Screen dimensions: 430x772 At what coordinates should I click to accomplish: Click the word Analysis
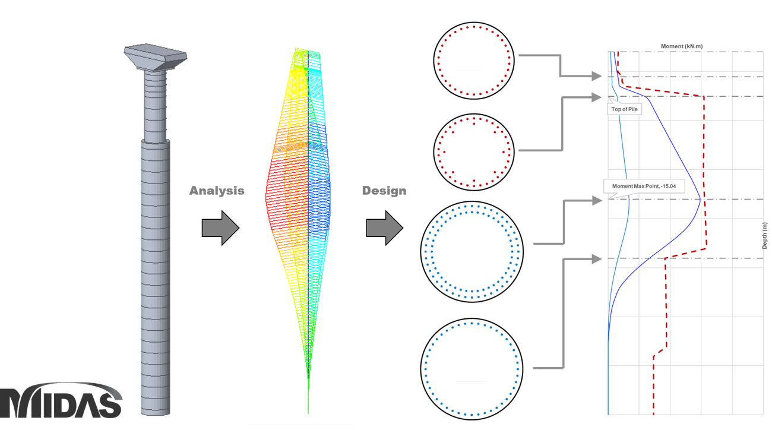tap(216, 191)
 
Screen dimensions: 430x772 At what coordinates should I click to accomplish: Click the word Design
tap(384, 191)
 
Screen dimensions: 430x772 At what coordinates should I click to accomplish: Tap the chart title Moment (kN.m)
tap(682, 46)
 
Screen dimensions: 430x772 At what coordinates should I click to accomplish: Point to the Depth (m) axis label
tap(765, 235)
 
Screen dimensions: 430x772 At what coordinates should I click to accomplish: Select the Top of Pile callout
tap(624, 109)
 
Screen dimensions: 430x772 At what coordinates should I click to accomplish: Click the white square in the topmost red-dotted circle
tap(472, 56)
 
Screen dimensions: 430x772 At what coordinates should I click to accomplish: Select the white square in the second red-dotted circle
tap(473, 148)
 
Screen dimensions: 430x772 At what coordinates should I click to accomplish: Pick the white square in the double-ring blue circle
tap(476, 248)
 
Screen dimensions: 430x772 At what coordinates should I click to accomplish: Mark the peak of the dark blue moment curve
tap(701, 200)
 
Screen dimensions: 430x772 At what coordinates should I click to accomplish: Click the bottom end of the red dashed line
tap(654, 413)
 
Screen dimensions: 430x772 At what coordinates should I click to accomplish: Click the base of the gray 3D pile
tap(156, 410)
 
